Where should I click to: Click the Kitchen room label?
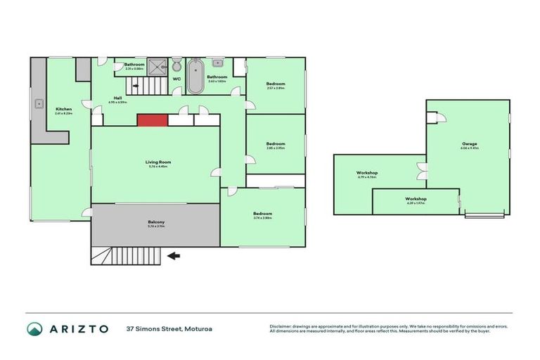(x=63, y=109)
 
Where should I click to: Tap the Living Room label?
(x=158, y=162)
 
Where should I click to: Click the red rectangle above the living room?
(x=152, y=120)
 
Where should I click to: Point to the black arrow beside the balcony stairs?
(x=173, y=256)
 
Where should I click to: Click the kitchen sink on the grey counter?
(x=39, y=105)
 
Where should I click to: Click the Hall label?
(x=117, y=99)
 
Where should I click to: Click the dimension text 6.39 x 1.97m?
(x=416, y=204)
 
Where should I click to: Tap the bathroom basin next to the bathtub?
(x=218, y=65)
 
